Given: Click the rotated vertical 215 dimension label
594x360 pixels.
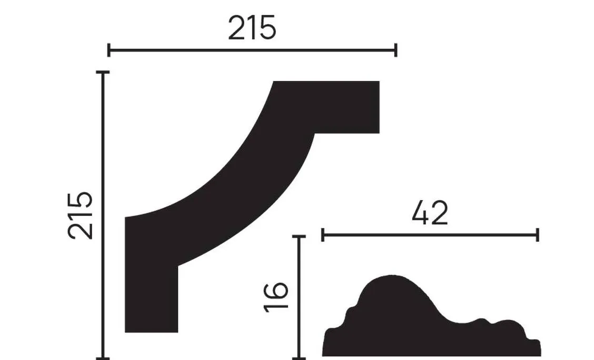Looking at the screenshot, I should pos(80,215).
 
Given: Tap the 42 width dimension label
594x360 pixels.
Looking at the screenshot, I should pos(430,213).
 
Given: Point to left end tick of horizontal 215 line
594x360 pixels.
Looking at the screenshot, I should pos(108,51).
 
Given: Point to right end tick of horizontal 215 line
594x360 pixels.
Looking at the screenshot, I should pos(395,51).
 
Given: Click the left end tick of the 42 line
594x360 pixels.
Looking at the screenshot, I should pos(322,235).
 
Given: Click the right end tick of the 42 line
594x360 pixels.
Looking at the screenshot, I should pos(538,235).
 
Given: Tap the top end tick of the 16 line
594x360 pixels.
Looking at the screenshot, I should pos(299,237).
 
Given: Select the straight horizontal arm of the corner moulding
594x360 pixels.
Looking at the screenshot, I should pos(342,107).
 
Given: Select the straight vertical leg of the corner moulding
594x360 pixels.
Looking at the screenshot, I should pos(151,295).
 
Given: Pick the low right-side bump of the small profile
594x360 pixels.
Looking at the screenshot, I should pos(508,329).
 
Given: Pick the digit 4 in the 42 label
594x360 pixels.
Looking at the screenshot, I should pos(420,213).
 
